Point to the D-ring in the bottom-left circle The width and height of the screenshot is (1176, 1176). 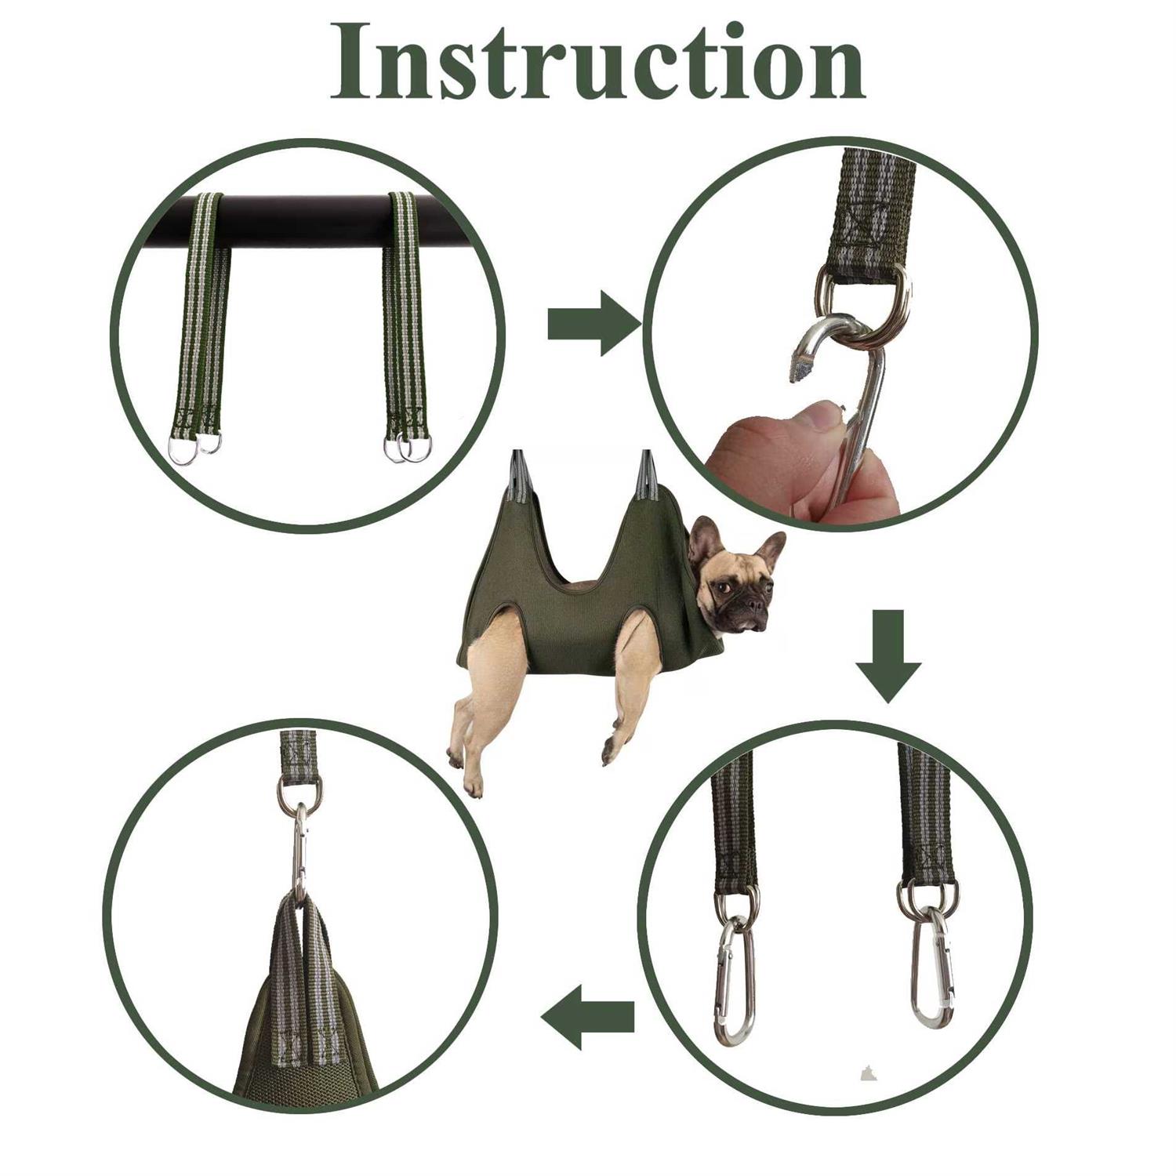click(x=299, y=793)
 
